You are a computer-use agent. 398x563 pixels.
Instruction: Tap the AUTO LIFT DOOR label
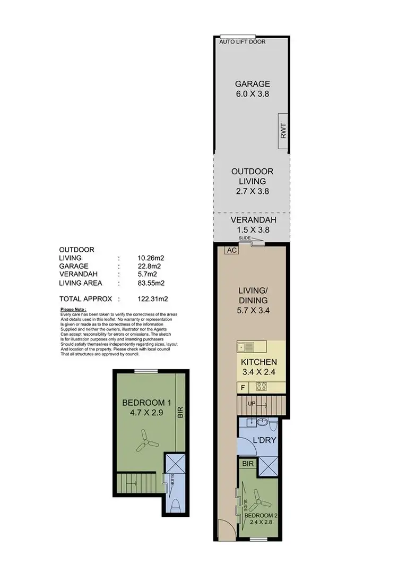(x=243, y=42)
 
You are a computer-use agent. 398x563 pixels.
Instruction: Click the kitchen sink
(x=246, y=348)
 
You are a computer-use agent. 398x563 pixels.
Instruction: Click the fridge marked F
(x=243, y=387)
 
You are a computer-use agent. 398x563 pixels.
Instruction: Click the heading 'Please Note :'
(x=73, y=309)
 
